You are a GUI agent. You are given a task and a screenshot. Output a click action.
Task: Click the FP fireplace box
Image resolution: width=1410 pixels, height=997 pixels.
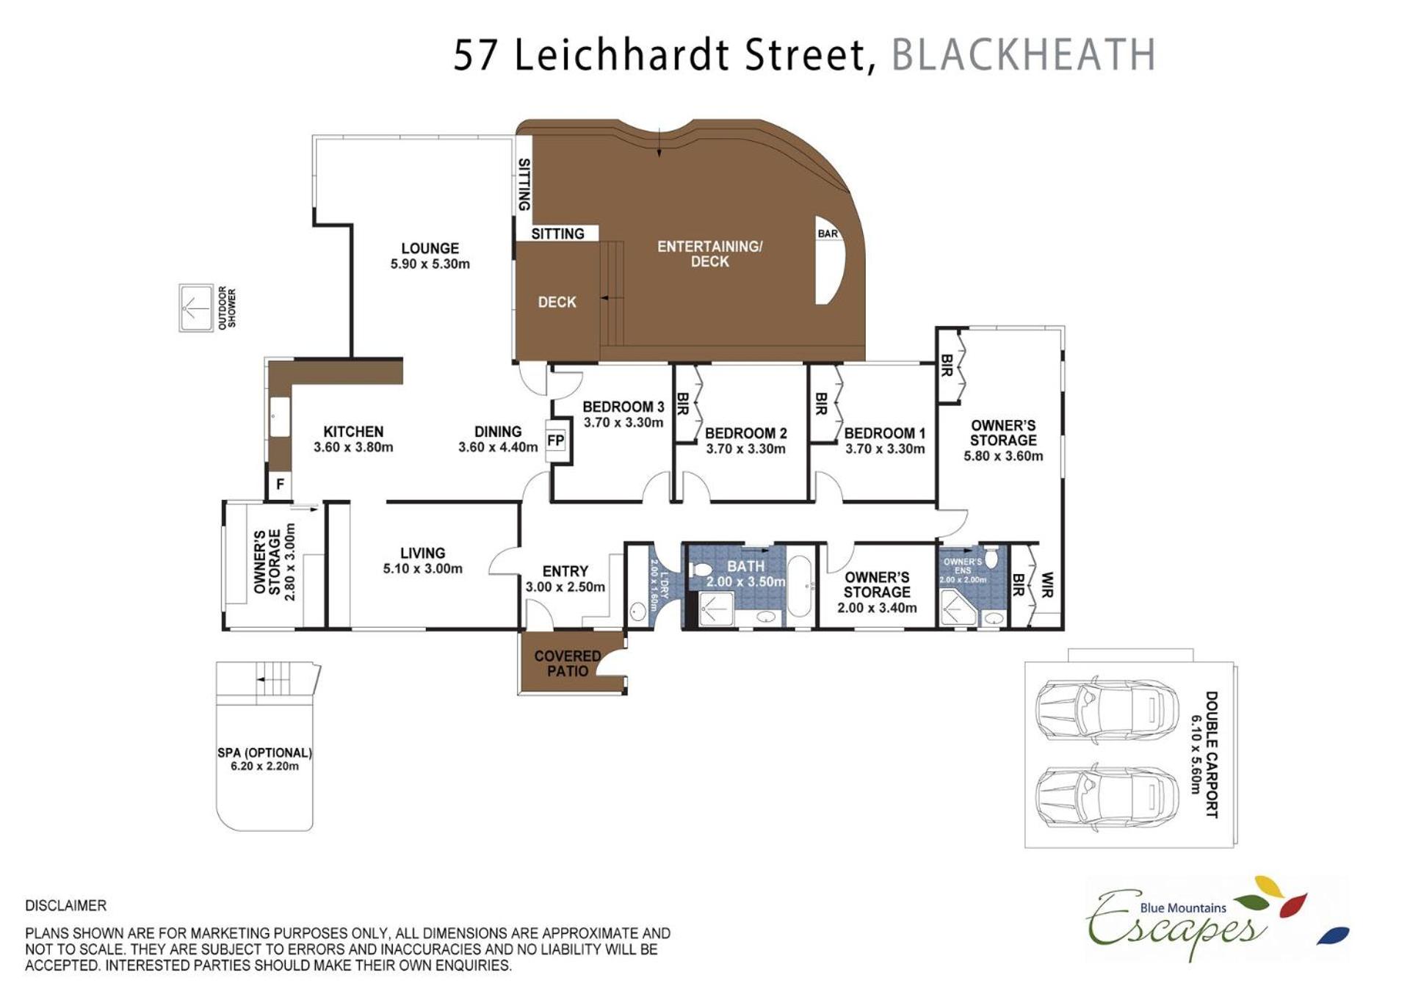(x=556, y=440)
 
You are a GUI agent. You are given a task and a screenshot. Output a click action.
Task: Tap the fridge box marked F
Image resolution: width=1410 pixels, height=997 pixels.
(x=280, y=485)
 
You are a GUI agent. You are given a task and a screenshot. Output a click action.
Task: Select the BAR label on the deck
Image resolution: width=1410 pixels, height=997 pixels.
(x=828, y=233)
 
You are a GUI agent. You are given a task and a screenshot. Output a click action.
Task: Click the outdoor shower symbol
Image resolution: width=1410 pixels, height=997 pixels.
(x=196, y=308)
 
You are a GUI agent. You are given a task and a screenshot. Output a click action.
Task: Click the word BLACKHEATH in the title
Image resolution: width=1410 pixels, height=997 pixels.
(x=1024, y=54)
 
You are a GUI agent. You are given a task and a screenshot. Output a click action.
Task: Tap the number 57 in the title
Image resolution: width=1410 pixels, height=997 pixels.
(x=477, y=55)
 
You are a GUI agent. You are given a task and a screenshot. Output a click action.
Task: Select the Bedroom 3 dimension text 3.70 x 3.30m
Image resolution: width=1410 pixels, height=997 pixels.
(x=623, y=422)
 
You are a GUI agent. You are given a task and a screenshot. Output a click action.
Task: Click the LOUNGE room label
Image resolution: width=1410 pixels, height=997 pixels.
(x=430, y=248)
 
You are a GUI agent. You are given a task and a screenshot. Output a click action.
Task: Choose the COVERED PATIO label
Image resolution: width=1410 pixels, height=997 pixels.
(x=568, y=663)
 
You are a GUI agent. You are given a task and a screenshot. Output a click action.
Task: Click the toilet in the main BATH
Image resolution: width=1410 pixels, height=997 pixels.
(x=700, y=568)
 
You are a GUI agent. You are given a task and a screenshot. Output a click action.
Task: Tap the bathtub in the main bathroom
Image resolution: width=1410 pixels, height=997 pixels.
(x=800, y=586)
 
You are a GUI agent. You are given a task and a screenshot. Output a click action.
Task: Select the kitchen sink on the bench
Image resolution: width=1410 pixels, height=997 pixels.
(x=280, y=417)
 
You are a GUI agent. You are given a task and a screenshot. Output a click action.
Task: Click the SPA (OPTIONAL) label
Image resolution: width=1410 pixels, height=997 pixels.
(x=264, y=753)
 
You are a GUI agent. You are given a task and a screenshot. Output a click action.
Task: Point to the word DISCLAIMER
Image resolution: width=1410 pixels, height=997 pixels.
(x=66, y=905)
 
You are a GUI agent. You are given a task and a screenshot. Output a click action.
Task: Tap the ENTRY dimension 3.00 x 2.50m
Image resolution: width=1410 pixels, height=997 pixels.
(x=565, y=587)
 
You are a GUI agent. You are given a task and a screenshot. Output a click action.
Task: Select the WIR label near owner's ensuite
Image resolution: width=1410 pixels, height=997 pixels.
(x=1046, y=585)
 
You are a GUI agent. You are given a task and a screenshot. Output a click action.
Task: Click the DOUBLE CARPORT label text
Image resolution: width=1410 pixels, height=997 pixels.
(x=1211, y=754)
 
